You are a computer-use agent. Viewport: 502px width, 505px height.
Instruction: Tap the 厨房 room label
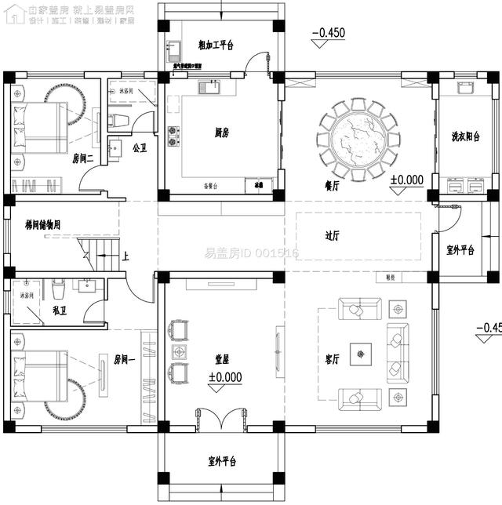(x=222, y=133)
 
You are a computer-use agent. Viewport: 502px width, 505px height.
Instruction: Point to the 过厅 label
(x=332, y=234)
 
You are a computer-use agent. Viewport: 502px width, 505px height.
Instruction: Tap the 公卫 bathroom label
(x=140, y=147)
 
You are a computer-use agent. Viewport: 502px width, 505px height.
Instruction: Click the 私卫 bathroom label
(x=60, y=311)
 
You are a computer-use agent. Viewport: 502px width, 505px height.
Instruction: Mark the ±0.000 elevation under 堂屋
(x=225, y=377)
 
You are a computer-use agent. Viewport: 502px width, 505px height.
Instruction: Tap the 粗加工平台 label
(x=216, y=45)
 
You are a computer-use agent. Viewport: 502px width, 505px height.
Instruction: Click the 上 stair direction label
(x=127, y=255)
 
